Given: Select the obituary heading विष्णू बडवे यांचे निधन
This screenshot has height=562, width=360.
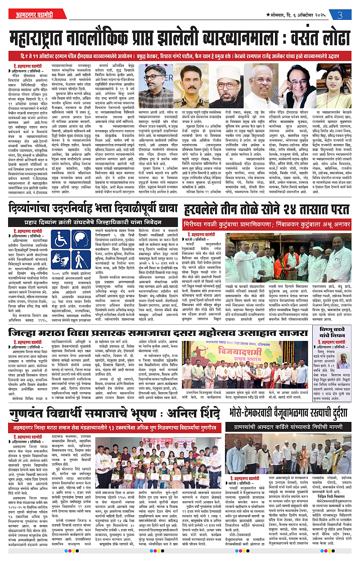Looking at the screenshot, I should click(335, 336).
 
